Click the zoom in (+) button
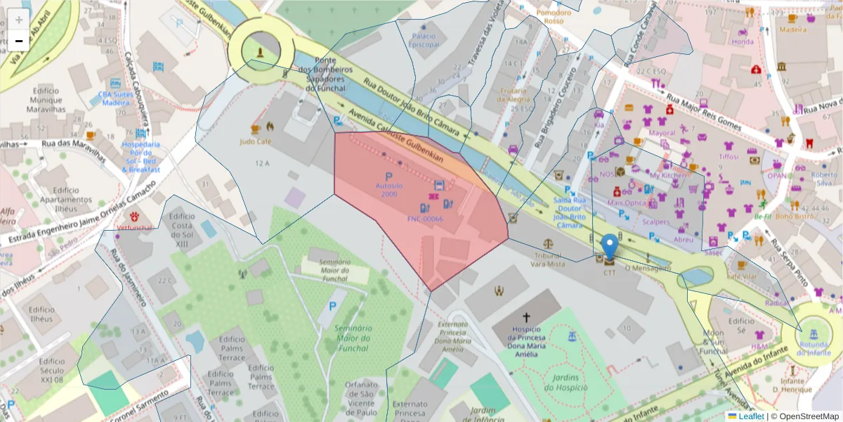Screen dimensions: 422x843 pos(19,20)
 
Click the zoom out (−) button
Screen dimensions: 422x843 pos(19,40)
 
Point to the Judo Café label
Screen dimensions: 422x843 pos(256,141)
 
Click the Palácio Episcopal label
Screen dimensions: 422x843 pos(424,40)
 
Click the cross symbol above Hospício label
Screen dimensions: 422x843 pos(526,318)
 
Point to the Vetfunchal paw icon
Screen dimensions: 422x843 pos(135,215)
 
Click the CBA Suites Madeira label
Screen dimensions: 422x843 pos(115,98)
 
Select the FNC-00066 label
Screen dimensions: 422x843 pos(425,219)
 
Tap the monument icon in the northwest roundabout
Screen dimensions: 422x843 pos(261,51)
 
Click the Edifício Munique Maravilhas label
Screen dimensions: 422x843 pos(46,100)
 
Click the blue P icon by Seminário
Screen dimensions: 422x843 pos(332,307)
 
